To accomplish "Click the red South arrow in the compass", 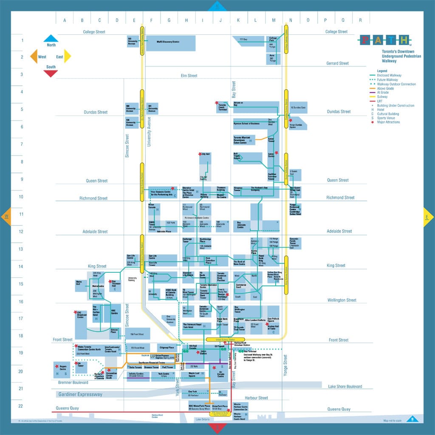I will (x=51, y=73).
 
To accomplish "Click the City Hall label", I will (x=206, y=155).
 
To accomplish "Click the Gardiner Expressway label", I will (x=79, y=394).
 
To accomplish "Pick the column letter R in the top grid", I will (x=360, y=20).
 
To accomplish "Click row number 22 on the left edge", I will (x=20, y=406).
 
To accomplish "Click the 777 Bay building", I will (x=243, y=40).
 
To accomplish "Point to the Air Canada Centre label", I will (x=220, y=373).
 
